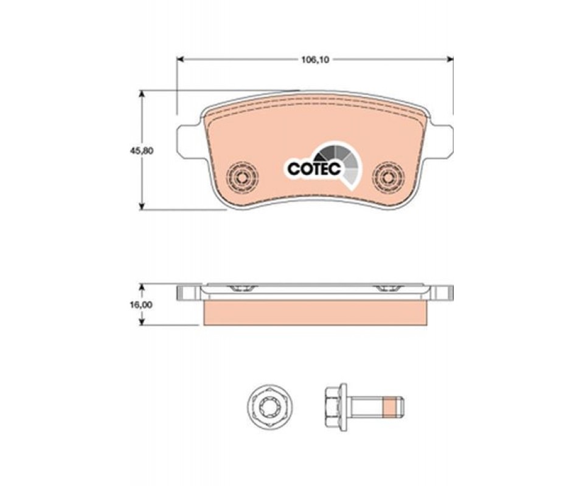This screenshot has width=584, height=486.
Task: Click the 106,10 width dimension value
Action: pos(315,60)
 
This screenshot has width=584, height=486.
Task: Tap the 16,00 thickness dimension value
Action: pos(142,304)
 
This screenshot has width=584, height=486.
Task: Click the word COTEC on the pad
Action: pos(315,168)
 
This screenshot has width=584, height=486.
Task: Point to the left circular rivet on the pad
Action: pos(243,177)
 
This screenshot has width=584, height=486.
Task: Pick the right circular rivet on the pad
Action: pos(389,177)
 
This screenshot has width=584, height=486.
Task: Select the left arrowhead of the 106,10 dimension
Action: pos(180,60)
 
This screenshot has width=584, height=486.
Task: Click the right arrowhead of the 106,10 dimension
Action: pos(450,60)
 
